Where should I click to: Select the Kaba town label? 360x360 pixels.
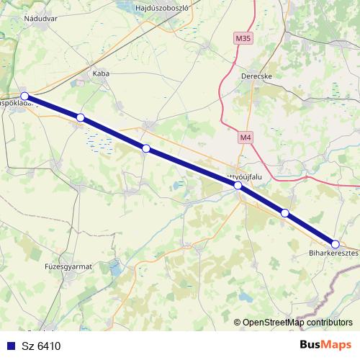[100, 73]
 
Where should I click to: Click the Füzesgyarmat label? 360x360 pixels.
[68, 266]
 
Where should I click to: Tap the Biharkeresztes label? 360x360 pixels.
[333, 253]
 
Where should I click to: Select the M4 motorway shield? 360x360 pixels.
[246, 136]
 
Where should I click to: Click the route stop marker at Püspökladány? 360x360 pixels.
[24, 96]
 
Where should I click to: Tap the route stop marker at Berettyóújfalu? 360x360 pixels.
[238, 186]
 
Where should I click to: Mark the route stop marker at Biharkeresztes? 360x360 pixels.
[335, 244]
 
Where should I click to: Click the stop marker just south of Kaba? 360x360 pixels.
[81, 117]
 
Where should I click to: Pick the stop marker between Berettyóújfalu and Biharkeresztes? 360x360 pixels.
[285, 212]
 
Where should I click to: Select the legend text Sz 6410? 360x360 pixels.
[42, 346]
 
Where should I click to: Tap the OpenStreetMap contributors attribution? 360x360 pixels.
[297, 323]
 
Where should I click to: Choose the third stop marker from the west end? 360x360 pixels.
[146, 148]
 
